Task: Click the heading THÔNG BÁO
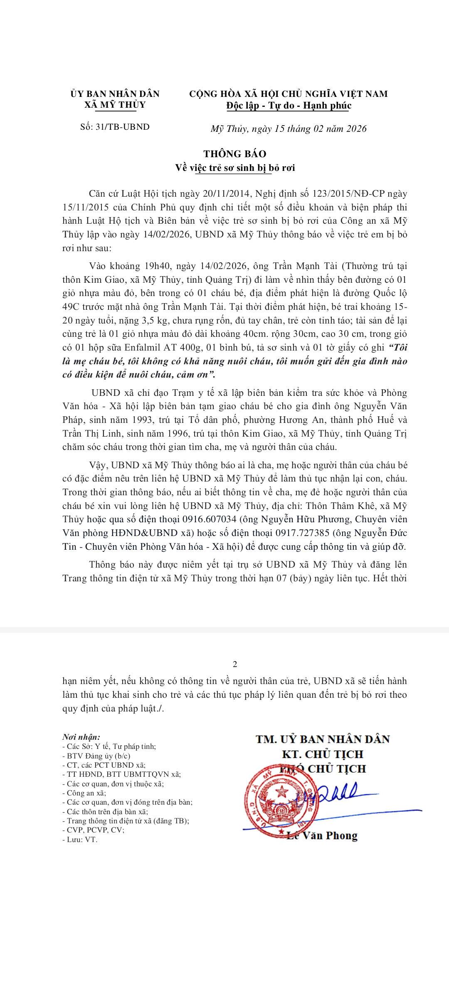[235, 154]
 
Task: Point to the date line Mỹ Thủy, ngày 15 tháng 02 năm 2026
[289, 128]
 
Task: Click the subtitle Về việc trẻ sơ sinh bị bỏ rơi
[235, 168]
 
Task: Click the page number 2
[235, 664]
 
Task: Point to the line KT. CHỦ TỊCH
[322, 754]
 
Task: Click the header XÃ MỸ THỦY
[115, 105]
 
